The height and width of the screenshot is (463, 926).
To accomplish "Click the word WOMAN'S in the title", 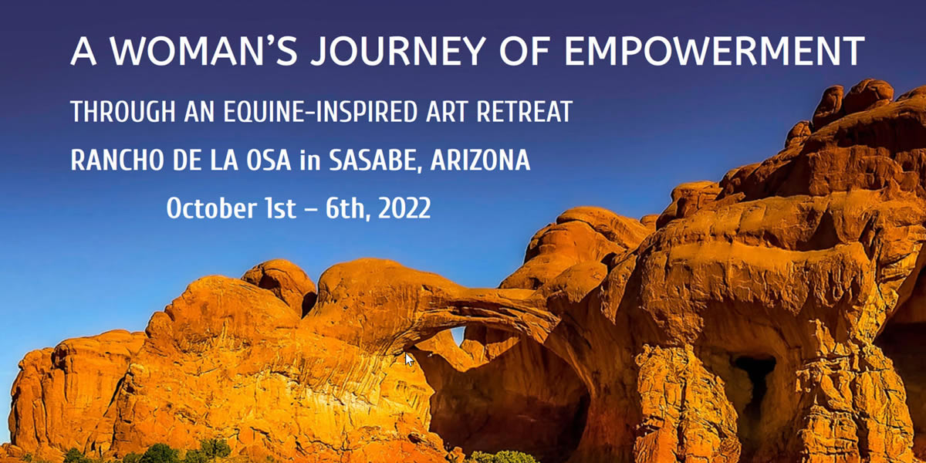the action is pos(204,50).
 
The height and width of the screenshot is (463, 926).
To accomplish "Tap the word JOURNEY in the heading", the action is pos(398,51).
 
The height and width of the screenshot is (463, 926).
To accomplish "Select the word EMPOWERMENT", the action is pos(715,51).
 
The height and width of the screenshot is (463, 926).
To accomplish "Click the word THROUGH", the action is pos(123,111).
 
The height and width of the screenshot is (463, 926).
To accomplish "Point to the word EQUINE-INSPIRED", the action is pos(320,111).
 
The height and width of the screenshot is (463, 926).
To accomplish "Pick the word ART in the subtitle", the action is pos(447,111).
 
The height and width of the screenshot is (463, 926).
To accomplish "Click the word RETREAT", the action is pos(524,111).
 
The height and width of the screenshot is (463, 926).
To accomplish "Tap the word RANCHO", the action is pos(117,160).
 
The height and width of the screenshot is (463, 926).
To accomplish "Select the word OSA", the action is pos(269,160).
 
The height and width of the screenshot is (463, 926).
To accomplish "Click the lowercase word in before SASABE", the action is pos(310,159).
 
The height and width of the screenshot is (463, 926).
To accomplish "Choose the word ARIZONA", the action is pos(480,160).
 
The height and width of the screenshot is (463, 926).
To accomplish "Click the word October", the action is pos(211,208).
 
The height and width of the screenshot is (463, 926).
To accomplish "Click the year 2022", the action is pos(404,208).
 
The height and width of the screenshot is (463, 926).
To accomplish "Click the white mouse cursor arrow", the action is pos(409,360).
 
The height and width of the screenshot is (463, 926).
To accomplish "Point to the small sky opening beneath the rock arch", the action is pos(458,334).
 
